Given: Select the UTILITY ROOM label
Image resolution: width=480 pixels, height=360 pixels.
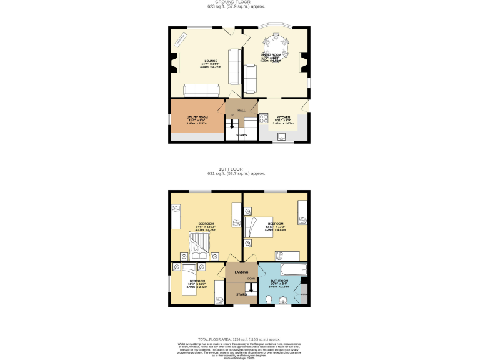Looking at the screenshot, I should [197, 117].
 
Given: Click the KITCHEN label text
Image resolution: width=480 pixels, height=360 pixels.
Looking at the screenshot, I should [283, 117].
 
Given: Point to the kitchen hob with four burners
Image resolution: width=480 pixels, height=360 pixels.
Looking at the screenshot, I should [264, 117].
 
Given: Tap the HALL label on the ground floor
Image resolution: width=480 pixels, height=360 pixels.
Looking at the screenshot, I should [241, 110].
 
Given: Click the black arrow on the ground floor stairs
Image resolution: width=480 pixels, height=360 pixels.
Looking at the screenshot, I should [232, 124].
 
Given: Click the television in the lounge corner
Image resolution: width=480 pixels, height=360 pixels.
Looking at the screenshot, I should [180, 39].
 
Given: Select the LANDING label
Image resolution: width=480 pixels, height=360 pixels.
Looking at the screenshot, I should [241, 272].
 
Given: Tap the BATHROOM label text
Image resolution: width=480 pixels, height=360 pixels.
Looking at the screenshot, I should [279, 281].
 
